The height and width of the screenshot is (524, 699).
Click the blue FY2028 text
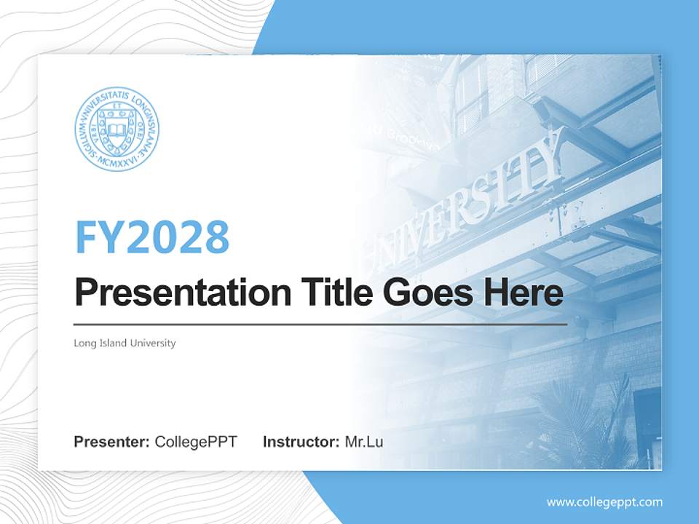tap(152, 237)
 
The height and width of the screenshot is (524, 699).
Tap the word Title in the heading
tap(324, 293)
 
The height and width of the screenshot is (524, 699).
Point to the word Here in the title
tap(524, 293)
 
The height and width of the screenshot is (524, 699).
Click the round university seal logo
tap(116, 128)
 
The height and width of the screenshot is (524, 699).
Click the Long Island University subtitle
tap(125, 343)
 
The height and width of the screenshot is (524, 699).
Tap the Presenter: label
tap(112, 442)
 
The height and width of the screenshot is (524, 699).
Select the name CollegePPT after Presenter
tap(196, 442)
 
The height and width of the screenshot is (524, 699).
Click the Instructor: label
tap(301, 442)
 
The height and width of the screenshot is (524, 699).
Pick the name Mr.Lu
tap(364, 442)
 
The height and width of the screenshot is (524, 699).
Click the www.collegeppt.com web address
tap(604, 502)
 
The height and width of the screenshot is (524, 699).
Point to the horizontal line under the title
tap(320, 325)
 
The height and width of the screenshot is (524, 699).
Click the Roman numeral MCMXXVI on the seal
tap(116, 156)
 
